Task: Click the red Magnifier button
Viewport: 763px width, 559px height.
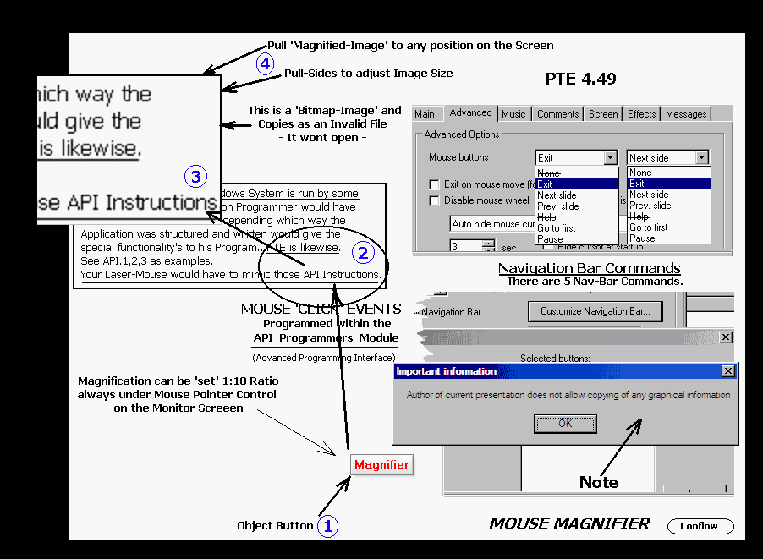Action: click(381, 464)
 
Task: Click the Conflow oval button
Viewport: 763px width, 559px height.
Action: click(700, 526)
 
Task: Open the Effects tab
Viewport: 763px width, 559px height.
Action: click(641, 114)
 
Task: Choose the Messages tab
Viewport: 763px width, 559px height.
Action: click(686, 114)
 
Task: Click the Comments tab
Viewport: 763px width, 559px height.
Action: click(557, 114)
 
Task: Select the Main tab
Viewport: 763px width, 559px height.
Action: click(425, 114)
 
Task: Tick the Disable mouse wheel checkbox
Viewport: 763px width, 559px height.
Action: click(434, 201)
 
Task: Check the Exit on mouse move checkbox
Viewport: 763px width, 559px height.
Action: click(434, 184)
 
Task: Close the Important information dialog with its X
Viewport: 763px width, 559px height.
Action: click(727, 371)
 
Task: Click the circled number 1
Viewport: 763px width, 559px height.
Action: click(327, 526)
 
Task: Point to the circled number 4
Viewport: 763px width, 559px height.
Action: click(266, 64)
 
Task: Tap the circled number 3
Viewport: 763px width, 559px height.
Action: click(195, 177)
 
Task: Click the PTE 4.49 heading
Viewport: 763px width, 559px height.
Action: click(580, 80)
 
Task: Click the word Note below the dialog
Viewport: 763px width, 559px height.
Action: click(598, 482)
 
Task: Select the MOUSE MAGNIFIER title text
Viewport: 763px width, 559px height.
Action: click(568, 524)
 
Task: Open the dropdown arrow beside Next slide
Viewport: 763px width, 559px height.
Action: click(700, 157)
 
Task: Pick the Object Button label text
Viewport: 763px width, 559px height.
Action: click(275, 526)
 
